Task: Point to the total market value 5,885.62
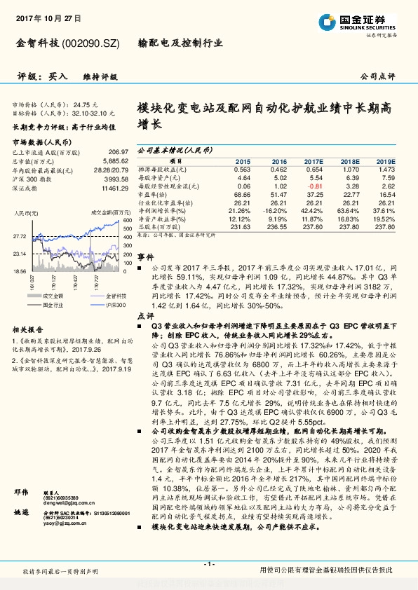109,160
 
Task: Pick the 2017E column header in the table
314,160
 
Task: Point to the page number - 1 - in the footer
208,563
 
